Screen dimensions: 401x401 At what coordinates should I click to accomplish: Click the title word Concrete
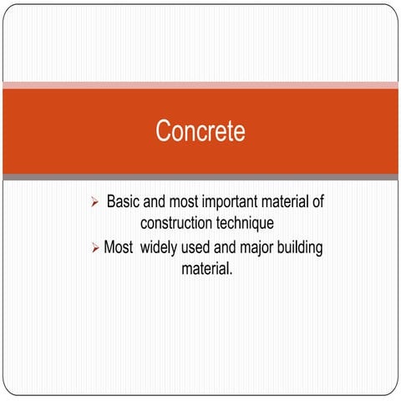click(x=200, y=131)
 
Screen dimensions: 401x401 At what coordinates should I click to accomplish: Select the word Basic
click(x=124, y=202)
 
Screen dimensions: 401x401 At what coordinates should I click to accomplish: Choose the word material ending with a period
click(x=206, y=270)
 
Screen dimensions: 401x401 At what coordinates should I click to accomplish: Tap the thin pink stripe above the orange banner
click(x=200, y=85)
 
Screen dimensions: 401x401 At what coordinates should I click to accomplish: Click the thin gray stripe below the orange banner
click(x=200, y=177)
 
